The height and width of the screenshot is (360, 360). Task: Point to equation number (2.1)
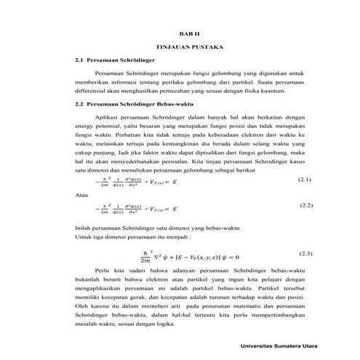coord(305,178)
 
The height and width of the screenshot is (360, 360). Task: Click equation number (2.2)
coord(305,207)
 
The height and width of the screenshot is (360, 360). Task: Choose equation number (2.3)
coord(305,253)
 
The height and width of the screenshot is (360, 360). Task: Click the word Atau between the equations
coord(83,196)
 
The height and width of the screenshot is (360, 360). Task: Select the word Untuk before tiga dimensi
coord(84,237)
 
